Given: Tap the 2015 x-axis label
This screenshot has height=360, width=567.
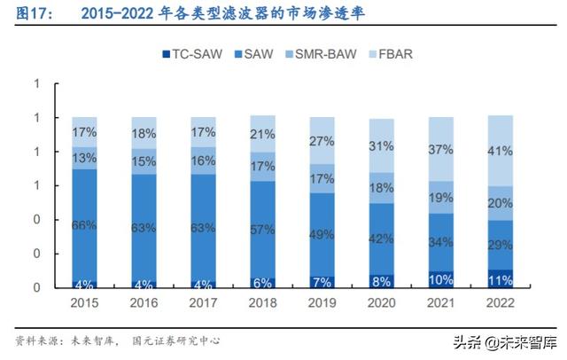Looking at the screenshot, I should pyautogui.click(x=84, y=304).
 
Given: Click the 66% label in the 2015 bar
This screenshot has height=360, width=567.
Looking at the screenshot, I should pyautogui.click(x=84, y=225).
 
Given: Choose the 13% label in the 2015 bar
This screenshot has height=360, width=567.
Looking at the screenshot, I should pyautogui.click(x=84, y=158).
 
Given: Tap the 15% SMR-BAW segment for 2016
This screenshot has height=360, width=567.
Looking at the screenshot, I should pyautogui.click(x=144, y=160).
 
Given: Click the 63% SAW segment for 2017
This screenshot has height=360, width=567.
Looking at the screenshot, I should pyautogui.click(x=204, y=228).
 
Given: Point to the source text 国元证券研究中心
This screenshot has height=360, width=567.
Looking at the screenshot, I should pyautogui.click(x=175, y=340).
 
